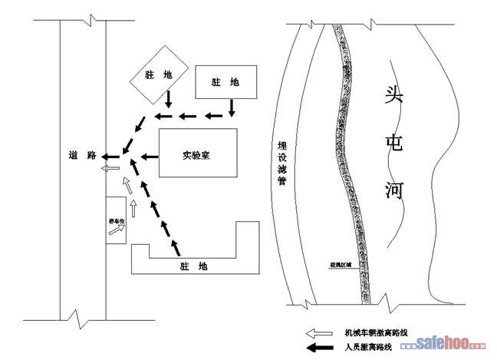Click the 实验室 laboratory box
coord(197,155)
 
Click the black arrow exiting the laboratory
coord(146,158)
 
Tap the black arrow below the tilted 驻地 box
coord(168,99)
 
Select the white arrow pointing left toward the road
coord(111,166)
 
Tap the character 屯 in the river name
coord(394,143)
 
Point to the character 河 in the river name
coord(393,188)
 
